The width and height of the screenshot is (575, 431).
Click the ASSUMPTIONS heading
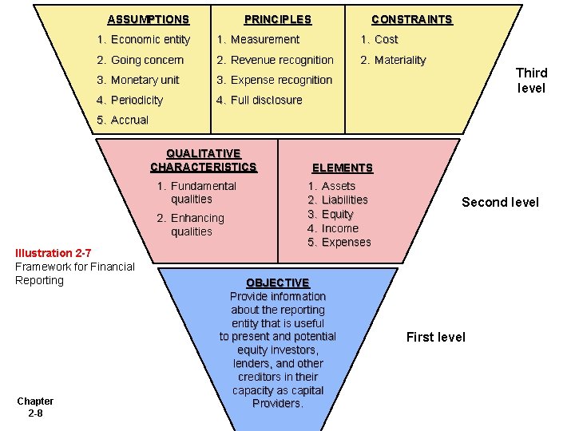pos(148,19)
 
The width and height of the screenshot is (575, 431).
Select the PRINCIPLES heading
pos(277,19)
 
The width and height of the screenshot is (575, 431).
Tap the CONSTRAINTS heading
pos(411,19)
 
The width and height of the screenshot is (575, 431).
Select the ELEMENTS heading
pos(342,168)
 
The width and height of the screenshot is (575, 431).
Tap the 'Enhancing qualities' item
pos(191,225)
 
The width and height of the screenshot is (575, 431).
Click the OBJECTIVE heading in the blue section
pos(277,283)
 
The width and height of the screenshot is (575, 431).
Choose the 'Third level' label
pos(531,81)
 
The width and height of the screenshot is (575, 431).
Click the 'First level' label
pos(435,337)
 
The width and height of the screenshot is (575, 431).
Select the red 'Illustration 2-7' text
pos(53,253)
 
